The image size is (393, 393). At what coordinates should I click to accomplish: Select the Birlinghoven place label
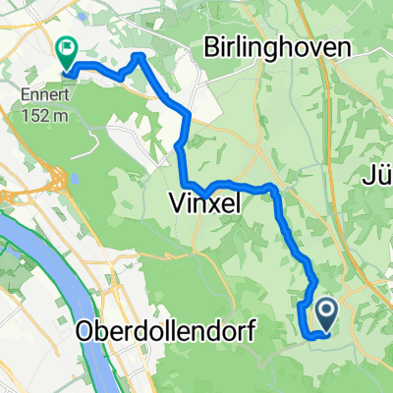tap(270, 47)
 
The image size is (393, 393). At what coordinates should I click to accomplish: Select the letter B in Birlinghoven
tap(209, 47)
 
